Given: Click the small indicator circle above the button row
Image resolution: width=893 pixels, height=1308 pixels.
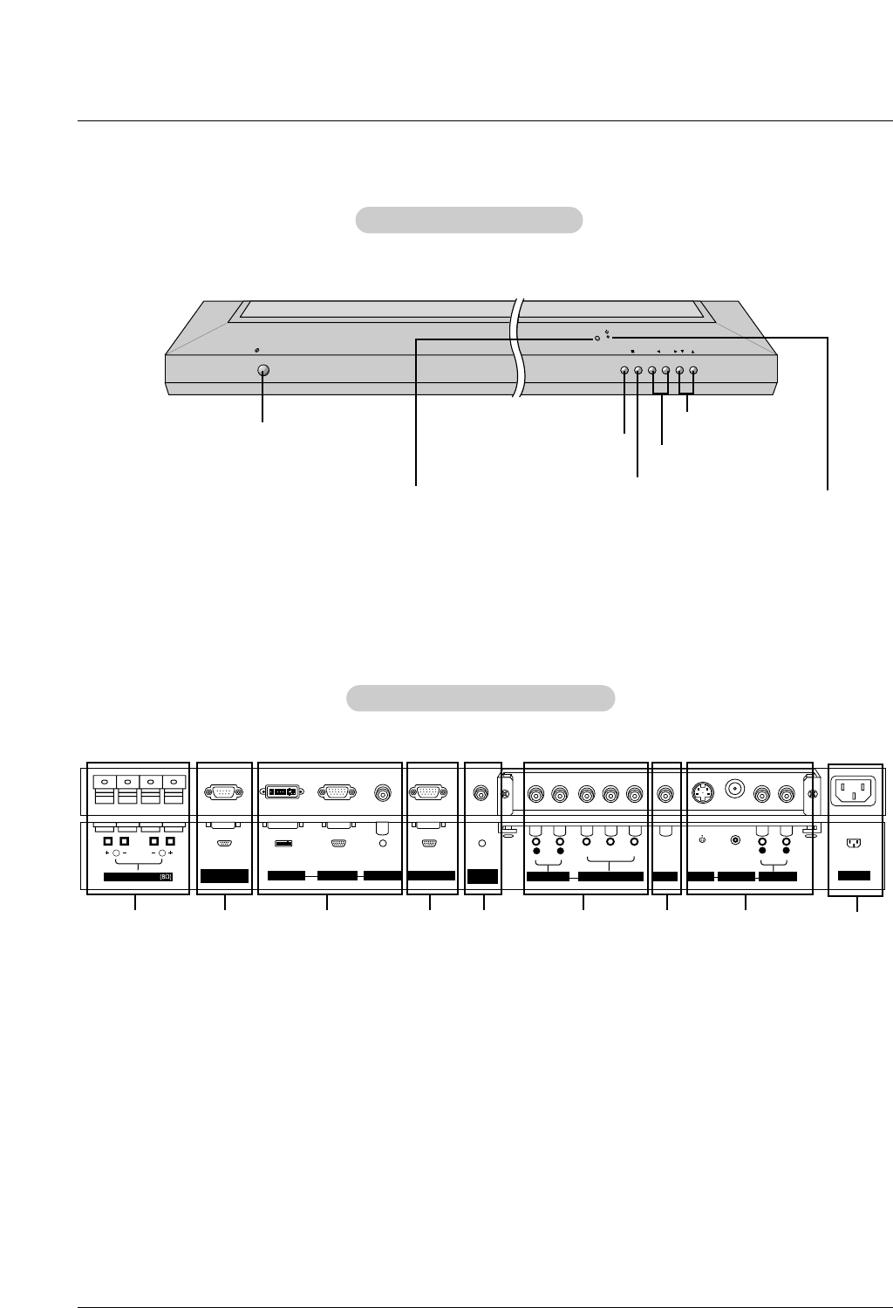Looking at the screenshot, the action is coord(596,338).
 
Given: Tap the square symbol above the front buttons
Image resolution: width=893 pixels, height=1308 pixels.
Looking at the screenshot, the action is coord(632,351).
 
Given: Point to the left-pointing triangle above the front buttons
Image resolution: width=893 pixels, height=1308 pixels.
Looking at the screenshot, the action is coord(658,351).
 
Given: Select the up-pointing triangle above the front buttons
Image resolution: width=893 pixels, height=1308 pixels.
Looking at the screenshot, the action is coord(692,351).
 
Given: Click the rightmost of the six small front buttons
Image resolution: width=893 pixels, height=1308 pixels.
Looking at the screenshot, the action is coord(693,370).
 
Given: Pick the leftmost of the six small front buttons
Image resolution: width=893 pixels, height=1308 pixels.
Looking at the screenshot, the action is coord(624,370).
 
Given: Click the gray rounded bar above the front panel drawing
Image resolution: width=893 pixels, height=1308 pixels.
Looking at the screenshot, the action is coord(469,220).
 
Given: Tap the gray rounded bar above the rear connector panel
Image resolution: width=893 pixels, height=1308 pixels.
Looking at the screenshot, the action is coord(481,698).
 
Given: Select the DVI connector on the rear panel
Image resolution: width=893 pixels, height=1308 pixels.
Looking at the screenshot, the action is coord(283,792).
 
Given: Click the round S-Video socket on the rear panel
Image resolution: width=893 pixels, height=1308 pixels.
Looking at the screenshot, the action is coord(703,793).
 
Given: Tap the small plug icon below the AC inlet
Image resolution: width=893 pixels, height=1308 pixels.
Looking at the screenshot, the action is coord(854,844).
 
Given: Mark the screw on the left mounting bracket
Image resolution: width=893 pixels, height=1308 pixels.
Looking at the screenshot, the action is coord(505,794).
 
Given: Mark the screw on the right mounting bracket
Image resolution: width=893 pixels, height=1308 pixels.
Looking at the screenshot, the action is coord(813,794).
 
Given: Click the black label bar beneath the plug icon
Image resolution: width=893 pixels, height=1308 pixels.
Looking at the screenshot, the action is coord(854,875).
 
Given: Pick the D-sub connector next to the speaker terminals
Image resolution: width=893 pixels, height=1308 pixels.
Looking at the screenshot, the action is coord(224,792).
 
